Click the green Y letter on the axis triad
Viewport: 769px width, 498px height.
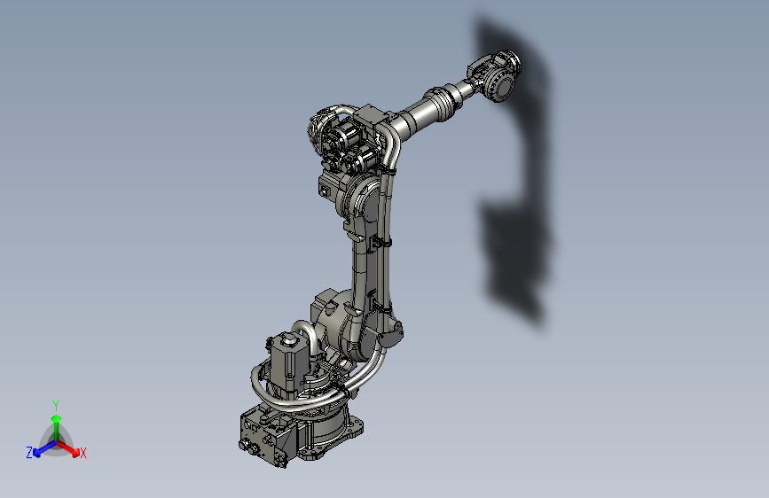56,404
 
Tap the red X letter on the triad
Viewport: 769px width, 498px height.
83,453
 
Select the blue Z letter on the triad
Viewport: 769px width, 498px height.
29,452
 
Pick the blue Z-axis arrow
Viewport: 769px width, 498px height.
41,447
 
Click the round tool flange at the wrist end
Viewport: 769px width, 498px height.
498,86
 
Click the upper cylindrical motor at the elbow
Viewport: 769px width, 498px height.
341,137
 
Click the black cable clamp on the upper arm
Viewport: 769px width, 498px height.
383,241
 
